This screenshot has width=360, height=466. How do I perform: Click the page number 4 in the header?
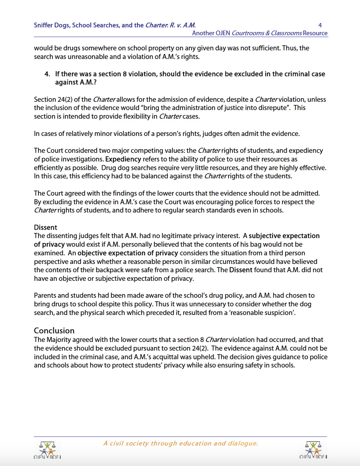pos(320,25)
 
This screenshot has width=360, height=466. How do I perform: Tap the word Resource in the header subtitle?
pos(315,33)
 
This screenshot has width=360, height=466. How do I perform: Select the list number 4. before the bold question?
pos(47,74)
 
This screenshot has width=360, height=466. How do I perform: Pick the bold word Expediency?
pos(123,159)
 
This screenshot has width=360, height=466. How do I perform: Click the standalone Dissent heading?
pos(45,228)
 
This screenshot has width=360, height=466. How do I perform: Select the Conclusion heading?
pos(54,331)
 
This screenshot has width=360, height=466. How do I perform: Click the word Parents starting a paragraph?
pos(45,296)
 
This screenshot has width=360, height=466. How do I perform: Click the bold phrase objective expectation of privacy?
pos(128,253)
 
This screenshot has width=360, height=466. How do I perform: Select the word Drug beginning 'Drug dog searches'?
pos(108,168)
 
